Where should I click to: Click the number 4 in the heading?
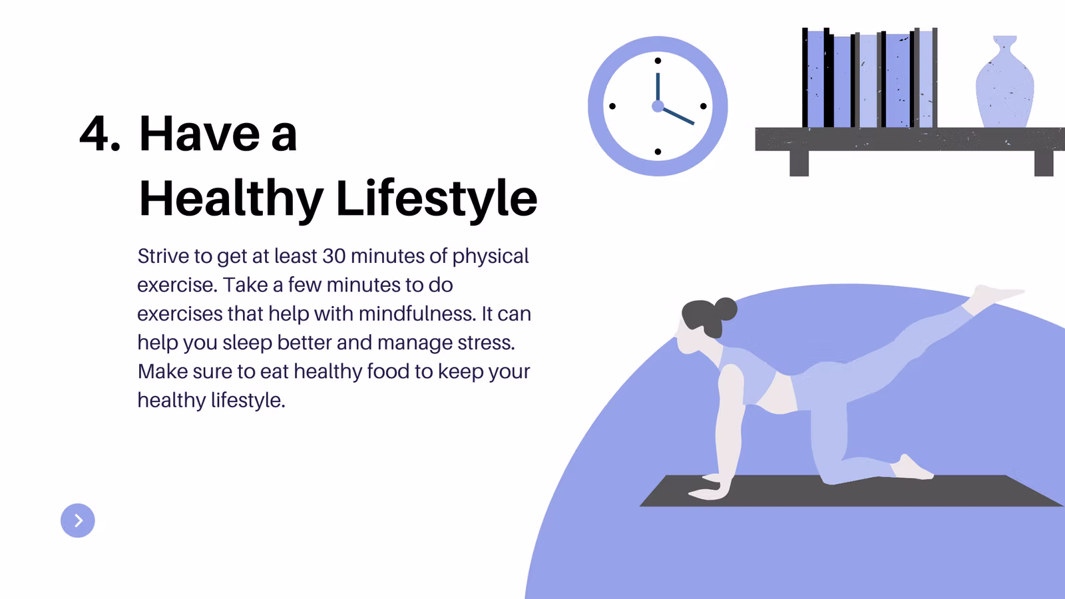(x=95, y=134)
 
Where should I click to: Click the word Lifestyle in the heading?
(x=437, y=199)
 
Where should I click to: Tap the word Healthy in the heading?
(x=232, y=199)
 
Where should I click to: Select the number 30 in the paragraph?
(x=333, y=256)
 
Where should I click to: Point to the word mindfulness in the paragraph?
(x=415, y=313)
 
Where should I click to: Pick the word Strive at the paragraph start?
(x=162, y=256)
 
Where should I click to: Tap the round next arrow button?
(x=77, y=520)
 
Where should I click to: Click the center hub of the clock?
(x=658, y=106)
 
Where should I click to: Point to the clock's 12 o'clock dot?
(x=658, y=61)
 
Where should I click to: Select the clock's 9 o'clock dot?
(x=612, y=106)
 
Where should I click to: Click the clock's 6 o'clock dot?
(x=658, y=152)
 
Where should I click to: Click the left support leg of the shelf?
(x=799, y=164)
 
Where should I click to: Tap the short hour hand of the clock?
(x=677, y=116)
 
